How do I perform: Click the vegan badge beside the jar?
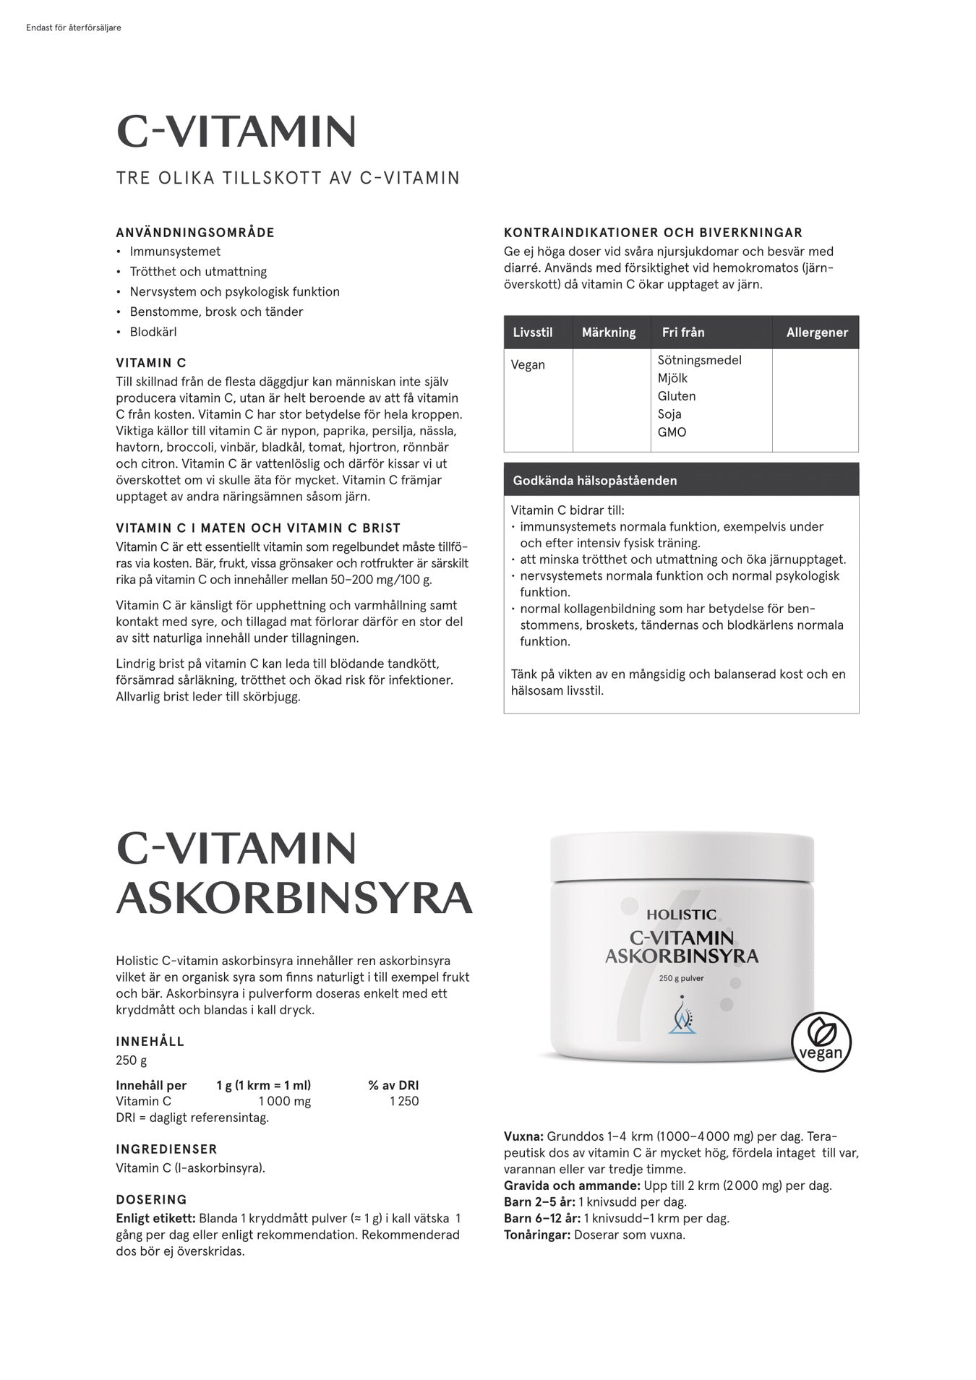click(x=821, y=1042)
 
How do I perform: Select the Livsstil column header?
click(x=533, y=333)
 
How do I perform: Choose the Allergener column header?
click(x=817, y=333)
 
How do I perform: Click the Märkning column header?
click(x=609, y=333)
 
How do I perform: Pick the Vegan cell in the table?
click(x=528, y=364)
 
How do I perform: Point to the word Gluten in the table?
click(x=677, y=396)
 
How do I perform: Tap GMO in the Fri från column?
click(x=672, y=432)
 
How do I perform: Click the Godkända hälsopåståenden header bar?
click(x=681, y=480)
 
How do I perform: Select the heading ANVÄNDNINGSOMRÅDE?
click(x=195, y=233)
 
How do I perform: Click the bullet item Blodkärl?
click(x=153, y=332)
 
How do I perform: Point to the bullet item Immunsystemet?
click(x=175, y=252)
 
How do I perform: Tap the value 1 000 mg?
click(x=285, y=1101)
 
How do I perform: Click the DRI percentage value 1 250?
click(x=403, y=1101)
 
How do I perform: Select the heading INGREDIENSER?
click(x=166, y=1149)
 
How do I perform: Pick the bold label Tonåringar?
click(x=537, y=1235)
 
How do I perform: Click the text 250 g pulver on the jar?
click(x=681, y=979)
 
